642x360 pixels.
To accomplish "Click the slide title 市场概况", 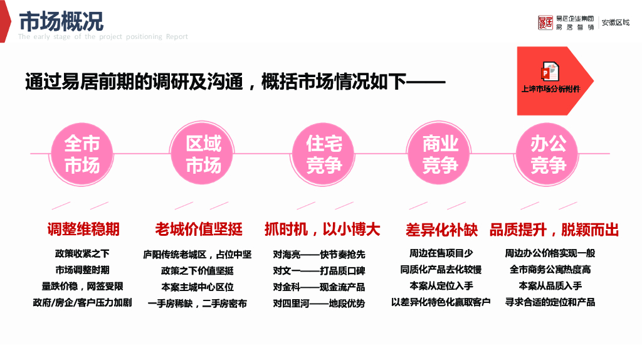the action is tap(61, 21).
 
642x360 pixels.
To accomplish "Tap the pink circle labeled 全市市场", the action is tap(82, 154).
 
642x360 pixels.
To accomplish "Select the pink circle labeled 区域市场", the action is tap(203, 154).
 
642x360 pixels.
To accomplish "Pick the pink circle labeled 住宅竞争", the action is tap(324, 154).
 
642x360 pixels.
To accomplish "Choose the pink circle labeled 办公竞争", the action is tap(548, 154).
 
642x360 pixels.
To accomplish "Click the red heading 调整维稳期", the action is tap(83, 230).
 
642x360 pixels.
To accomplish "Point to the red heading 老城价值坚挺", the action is tap(199, 230).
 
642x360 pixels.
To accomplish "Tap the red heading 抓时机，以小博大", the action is tap(322, 230).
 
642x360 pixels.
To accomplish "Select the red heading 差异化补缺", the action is tap(442, 230).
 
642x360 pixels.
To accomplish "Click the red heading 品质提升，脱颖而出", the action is tap(554, 230).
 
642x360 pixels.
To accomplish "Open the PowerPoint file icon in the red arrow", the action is tap(550, 71).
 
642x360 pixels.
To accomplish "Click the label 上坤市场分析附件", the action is tap(550, 89).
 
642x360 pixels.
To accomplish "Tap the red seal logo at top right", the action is tap(545, 23).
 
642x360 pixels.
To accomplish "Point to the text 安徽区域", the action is tap(616, 23).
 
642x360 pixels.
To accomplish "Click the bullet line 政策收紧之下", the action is tap(82, 254).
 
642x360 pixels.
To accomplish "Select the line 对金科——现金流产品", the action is tap(319, 287).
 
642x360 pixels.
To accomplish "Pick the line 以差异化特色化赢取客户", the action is tap(441, 302).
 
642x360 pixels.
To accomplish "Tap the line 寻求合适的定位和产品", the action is tap(550, 302).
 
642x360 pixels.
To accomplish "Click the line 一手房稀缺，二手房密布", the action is tap(197, 304).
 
